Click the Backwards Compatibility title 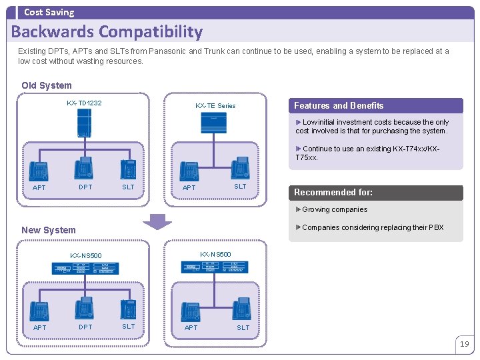coord(107,31)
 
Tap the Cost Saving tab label coord(49,12)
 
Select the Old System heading coord(47,85)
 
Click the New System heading coord(49,230)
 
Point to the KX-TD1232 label coord(84,103)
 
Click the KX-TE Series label coord(215,105)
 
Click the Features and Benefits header coord(339,105)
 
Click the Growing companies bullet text coord(335,209)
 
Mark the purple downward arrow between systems coord(158,221)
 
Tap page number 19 coord(464,344)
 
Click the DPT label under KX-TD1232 coord(85,187)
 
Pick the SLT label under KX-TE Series coord(240,187)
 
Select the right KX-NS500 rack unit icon coord(215,267)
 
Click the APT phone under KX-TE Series coord(191,171)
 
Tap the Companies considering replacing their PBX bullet coord(373,227)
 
